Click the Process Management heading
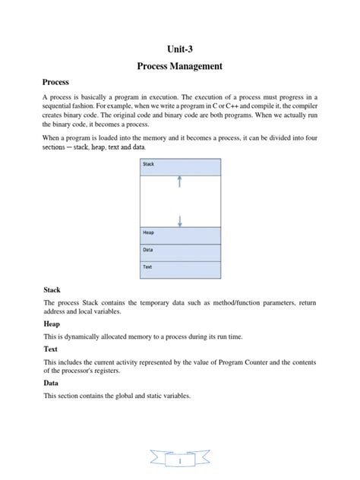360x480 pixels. (x=179, y=67)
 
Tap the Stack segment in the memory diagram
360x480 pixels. (x=179, y=167)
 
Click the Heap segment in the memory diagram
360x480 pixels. (x=179, y=235)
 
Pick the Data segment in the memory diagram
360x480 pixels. (x=179, y=252)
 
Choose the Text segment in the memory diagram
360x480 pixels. (x=179, y=269)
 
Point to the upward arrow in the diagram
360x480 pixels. (x=179, y=181)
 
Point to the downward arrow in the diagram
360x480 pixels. (x=179, y=220)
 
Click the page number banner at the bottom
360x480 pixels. (x=180, y=461)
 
